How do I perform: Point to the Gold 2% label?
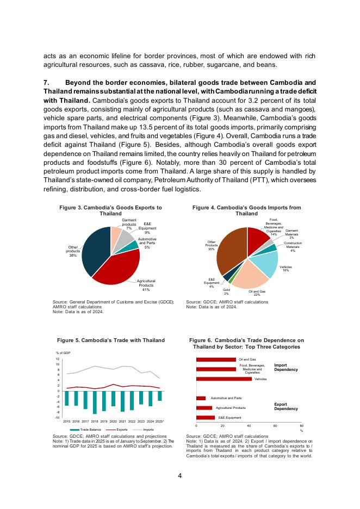[226, 292]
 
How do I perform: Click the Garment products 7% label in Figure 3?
[129, 225]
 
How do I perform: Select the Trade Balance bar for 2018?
[95, 402]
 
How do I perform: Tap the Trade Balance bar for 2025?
[159, 396]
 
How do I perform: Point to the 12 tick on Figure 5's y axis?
[57, 359]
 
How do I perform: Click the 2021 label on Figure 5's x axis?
[122, 421]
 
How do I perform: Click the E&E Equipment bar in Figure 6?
[206, 418]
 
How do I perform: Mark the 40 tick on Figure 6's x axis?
[249, 426]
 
